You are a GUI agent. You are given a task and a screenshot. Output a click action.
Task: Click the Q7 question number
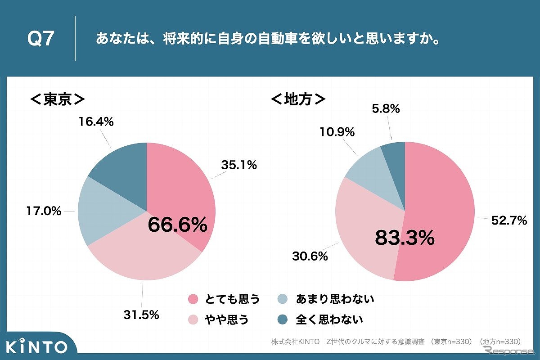coord(41,40)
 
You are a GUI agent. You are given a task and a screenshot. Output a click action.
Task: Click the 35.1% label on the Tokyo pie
coord(238,165)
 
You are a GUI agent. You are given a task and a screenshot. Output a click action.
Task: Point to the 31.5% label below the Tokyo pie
coord(141,315)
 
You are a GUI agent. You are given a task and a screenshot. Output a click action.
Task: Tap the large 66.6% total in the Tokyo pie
coord(178,225)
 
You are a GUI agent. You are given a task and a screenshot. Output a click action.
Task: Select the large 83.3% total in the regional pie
coord(405,238)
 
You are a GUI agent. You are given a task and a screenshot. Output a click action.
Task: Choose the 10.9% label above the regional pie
coord(337,132)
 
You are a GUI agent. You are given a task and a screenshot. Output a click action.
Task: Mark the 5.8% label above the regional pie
coord(386,108)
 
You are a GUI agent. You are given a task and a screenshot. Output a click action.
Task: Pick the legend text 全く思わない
coord(329,320)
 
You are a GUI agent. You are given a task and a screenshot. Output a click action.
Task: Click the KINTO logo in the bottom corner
coord(37,346)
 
